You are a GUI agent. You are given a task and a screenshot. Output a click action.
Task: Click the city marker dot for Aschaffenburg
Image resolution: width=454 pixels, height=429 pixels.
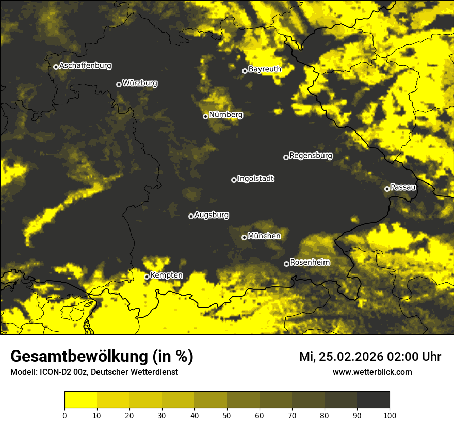tap(56, 67)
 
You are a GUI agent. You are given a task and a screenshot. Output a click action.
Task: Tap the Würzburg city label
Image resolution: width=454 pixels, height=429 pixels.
tap(140, 83)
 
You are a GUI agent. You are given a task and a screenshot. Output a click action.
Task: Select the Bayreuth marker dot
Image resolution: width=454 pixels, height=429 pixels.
tap(245, 71)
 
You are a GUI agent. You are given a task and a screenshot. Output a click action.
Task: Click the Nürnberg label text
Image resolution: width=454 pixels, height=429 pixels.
tap(226, 115)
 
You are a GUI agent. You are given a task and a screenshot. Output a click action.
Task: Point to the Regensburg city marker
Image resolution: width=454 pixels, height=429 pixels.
tap(286, 157)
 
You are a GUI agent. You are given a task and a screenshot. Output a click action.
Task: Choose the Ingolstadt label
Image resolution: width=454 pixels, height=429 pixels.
tap(256, 179)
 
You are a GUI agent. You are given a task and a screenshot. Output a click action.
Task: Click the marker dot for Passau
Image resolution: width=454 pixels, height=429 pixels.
tap(387, 189)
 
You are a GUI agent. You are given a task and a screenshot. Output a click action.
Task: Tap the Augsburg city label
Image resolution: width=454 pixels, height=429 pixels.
tap(212, 215)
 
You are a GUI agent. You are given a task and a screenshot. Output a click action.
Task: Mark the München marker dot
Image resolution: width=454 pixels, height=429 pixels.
tap(244, 238)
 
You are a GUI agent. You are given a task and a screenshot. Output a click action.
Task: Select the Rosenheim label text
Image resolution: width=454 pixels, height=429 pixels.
tap(310, 263)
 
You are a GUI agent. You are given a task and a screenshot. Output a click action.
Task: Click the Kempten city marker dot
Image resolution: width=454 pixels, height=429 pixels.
tap(147, 277)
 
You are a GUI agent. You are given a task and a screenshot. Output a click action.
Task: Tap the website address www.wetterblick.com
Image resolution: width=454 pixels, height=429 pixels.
tap(372, 372)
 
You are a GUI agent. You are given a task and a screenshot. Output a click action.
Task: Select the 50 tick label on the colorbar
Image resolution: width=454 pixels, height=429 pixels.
tap(227, 415)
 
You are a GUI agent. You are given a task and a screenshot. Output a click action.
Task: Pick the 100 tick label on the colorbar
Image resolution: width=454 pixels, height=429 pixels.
tap(389, 415)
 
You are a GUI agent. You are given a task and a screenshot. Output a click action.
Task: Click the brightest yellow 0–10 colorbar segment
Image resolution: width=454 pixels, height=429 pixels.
tap(81, 400)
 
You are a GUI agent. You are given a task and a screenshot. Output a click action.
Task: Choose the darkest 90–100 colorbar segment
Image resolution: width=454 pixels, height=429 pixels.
tap(373, 400)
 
